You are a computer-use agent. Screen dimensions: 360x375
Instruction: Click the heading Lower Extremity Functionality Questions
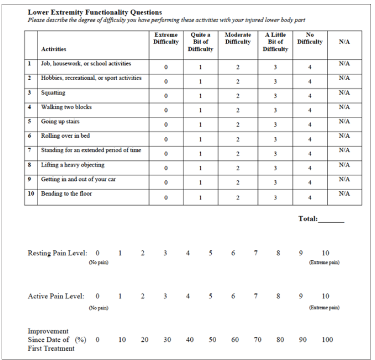pyautogui.click(x=95, y=12)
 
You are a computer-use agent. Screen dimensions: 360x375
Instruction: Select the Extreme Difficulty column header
pyautogui.click(x=165, y=38)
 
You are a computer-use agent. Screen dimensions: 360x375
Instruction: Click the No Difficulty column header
pyautogui.click(x=310, y=38)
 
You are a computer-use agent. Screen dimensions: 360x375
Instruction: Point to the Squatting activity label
pyautogui.click(x=53, y=93)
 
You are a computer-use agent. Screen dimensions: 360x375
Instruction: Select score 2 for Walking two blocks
pyautogui.click(x=237, y=110)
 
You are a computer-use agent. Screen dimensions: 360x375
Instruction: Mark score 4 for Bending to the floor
pyautogui.click(x=310, y=197)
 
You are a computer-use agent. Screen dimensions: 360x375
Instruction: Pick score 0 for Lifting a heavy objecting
pyautogui.click(x=165, y=168)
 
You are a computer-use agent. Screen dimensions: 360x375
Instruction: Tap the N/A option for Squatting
pyautogui.click(x=345, y=93)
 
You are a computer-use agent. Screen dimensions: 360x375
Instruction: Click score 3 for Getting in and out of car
pyautogui.click(x=275, y=182)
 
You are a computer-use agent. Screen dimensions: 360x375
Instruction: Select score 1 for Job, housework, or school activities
pyautogui.click(x=201, y=67)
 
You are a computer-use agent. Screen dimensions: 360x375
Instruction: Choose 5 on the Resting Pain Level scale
pyautogui.click(x=211, y=253)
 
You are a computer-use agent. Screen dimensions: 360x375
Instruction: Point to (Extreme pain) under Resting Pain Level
pyautogui.click(x=325, y=262)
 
